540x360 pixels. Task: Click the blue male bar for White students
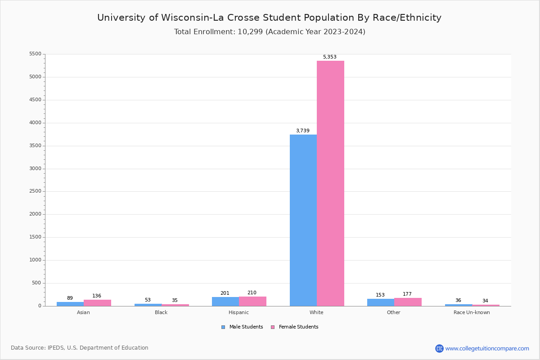303,220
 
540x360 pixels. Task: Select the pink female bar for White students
330,183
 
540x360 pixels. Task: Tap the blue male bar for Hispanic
225,301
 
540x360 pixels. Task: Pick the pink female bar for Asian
97,303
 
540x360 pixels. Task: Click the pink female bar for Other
408,302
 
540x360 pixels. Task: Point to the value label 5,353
330,57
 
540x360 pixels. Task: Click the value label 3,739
303,131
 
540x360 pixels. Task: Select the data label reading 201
225,293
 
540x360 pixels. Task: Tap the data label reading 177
407,294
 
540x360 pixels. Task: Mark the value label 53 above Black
148,300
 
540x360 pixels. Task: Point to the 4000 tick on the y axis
35,123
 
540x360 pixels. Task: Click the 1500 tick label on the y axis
35,237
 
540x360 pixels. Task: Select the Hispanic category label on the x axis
238,312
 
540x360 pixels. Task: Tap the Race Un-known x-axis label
472,312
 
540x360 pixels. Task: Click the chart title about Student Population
269,18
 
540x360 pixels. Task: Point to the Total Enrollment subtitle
270,32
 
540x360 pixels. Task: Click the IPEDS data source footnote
80,348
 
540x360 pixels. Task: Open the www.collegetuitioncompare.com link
487,348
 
